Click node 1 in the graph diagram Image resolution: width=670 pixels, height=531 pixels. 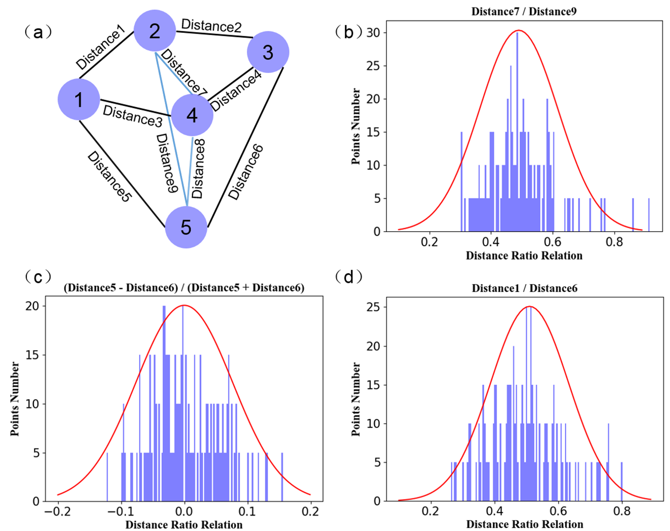pyautogui.click(x=79, y=100)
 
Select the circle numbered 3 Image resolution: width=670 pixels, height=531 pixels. pyautogui.click(x=268, y=52)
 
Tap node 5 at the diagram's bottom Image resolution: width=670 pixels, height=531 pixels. pyautogui.click(x=186, y=227)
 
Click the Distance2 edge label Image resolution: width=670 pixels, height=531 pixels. pyautogui.click(x=212, y=26)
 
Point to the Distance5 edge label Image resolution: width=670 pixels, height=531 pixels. pyautogui.click(x=109, y=176)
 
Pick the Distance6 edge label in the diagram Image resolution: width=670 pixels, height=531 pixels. pyautogui.click(x=246, y=172)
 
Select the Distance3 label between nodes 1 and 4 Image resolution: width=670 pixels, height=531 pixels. pyautogui.click(x=132, y=116)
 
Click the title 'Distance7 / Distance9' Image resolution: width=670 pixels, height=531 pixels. pyautogui.click(x=524, y=12)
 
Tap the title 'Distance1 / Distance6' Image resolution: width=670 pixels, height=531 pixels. pyautogui.click(x=524, y=288)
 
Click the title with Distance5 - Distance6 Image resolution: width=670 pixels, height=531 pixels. pyautogui.click(x=184, y=288)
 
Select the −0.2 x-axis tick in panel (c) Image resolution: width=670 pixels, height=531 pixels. pyautogui.click(x=58, y=511)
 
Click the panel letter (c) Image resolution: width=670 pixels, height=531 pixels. pyautogui.click(x=38, y=277)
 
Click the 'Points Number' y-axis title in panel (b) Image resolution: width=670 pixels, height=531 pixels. pyautogui.click(x=355, y=126)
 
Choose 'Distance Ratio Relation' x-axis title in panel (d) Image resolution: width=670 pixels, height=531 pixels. pyautogui.click(x=524, y=524)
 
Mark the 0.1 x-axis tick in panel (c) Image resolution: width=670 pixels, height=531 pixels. pyautogui.click(x=247, y=511)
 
